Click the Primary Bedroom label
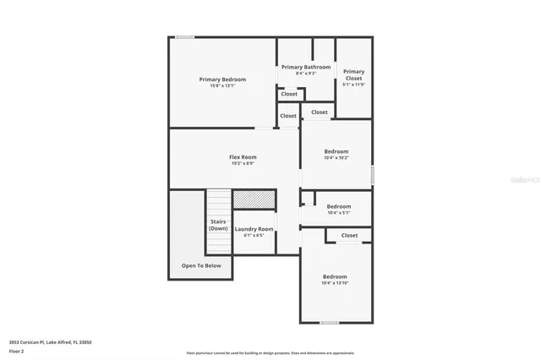coord(222,79)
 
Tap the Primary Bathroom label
coord(306,67)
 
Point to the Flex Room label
coord(243,157)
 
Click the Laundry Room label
coord(254,229)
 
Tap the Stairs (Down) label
coord(218,226)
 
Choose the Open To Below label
coord(201,265)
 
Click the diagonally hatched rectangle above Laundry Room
coord(254,199)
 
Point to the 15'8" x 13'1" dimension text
coord(222,85)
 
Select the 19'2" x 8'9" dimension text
coord(243,163)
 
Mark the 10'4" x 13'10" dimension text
coord(335,283)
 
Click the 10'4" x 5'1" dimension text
coord(338,213)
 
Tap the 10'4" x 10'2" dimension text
coord(336,157)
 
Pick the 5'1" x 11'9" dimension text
coord(353,85)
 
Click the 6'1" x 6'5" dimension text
coord(254,235)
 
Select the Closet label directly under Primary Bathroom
coord(289,94)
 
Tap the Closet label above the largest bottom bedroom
coord(349,235)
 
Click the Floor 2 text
coord(17,350)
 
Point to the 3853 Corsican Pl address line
coord(50,341)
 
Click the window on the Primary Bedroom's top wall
coord(184,37)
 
